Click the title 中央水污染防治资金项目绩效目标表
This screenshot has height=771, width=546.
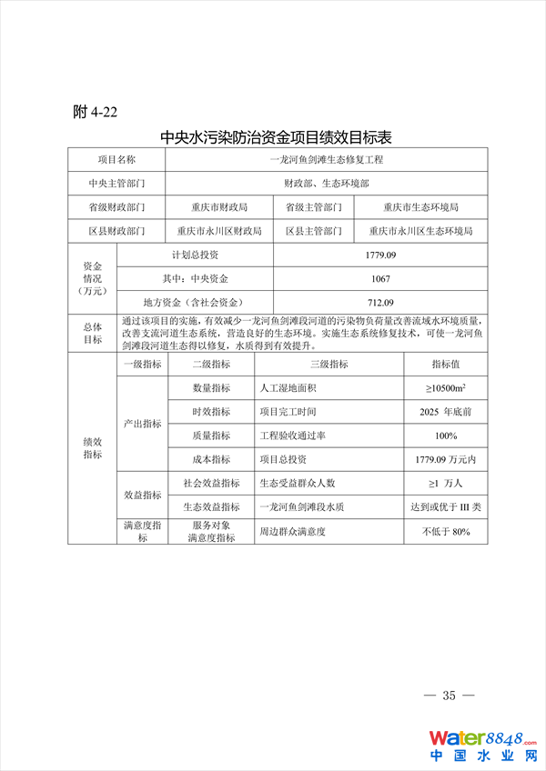pos(276,138)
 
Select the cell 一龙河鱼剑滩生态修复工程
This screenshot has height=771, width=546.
pos(328,159)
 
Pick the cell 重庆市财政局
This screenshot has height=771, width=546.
pos(219,207)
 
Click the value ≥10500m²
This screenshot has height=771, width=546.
pos(446,388)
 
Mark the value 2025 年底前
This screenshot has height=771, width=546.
pos(446,412)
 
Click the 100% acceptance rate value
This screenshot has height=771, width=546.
pos(446,436)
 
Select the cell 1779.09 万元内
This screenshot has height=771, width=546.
pos(446,459)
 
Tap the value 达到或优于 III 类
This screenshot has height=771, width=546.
pos(446,506)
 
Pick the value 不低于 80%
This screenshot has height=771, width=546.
pos(446,531)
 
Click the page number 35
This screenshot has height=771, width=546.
pos(449,696)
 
